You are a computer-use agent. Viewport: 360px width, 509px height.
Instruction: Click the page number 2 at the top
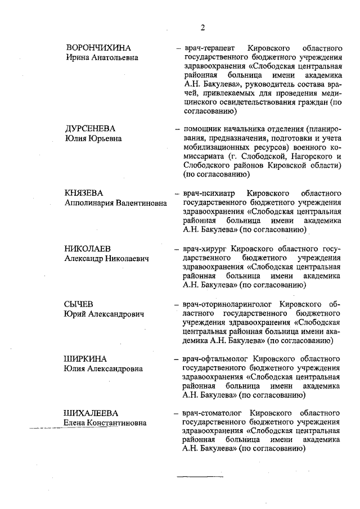(x=202, y=29)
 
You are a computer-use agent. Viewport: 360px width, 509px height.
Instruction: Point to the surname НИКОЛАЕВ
(x=88, y=248)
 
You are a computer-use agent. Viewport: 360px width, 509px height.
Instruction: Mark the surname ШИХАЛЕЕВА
(x=92, y=413)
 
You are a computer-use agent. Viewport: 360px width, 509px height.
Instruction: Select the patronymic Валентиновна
(x=141, y=203)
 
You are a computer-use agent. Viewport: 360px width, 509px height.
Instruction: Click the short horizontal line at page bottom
(x=200, y=476)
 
